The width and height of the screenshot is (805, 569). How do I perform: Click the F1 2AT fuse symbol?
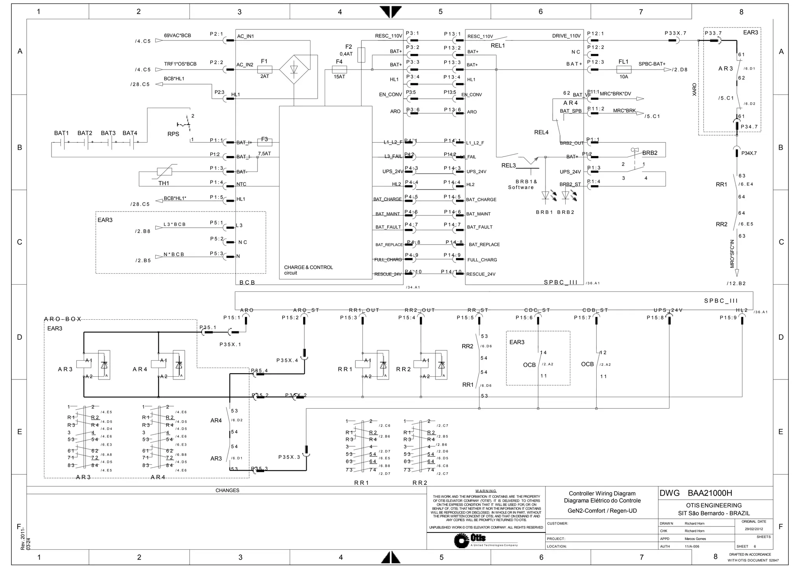point(265,70)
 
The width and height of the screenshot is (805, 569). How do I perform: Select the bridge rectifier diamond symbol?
point(294,70)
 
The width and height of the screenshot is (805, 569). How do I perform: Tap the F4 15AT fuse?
point(339,70)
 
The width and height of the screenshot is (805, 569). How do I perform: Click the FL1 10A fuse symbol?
point(624,70)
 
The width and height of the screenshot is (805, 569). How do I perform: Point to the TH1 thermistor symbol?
point(164,171)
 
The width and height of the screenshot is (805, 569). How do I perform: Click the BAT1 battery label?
point(61,133)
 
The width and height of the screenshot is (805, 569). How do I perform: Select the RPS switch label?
point(173,134)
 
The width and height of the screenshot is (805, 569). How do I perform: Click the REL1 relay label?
point(498,46)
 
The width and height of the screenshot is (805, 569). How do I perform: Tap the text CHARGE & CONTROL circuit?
point(309,270)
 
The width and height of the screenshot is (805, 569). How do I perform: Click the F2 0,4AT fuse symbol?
point(361,55)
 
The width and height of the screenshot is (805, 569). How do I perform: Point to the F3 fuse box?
point(265,142)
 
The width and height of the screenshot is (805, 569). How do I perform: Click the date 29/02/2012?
point(754,529)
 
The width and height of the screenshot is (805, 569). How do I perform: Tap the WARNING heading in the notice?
point(486,491)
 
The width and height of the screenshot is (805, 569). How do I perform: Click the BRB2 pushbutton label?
point(650,153)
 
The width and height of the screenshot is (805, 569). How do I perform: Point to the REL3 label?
point(508,166)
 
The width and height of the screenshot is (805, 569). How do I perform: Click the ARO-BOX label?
point(62,319)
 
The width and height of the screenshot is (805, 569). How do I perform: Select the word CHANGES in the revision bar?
point(227,490)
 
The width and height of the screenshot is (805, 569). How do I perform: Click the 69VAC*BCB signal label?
point(177,36)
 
